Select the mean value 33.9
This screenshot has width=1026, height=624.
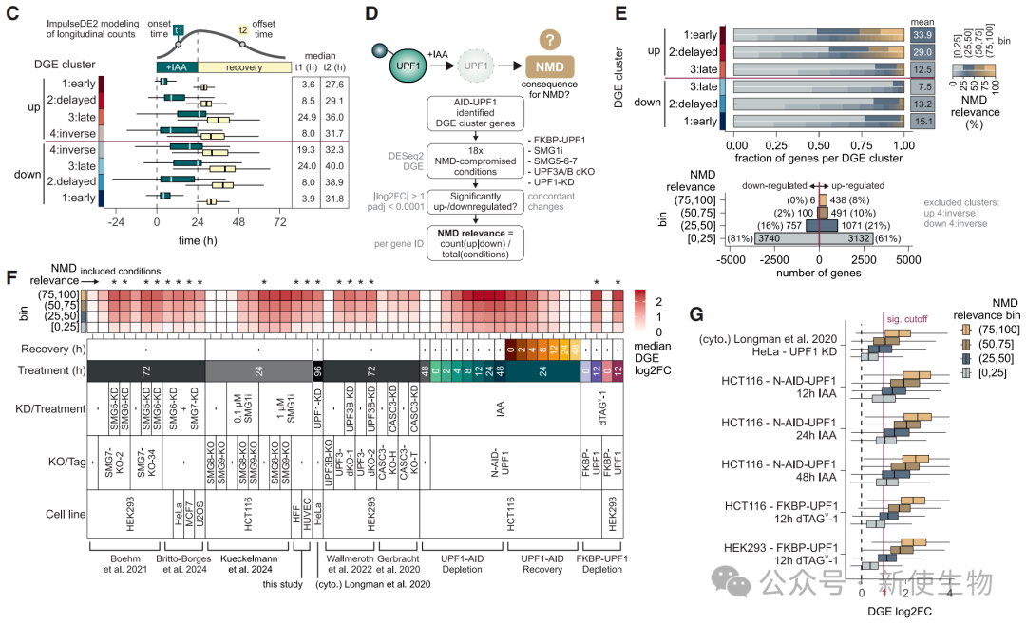(922, 35)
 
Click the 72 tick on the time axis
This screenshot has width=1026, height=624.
(280, 223)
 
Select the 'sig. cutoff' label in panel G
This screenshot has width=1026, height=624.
(905, 319)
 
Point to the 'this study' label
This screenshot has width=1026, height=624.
(284, 583)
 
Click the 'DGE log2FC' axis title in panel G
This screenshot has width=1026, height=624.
(902, 609)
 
